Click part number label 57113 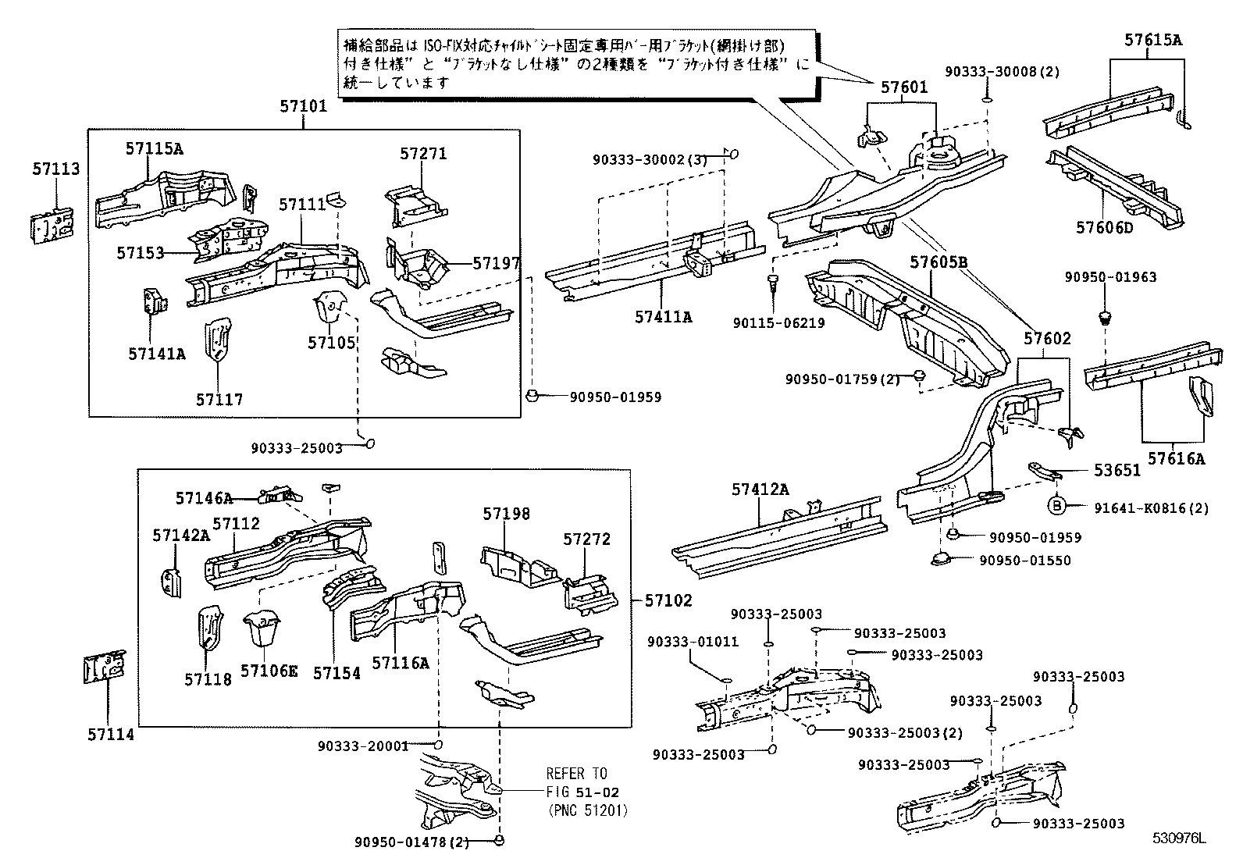click(x=55, y=169)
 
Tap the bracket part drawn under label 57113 click(x=52, y=226)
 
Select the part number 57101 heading click(x=304, y=107)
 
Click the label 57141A click(x=157, y=354)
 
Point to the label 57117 click(x=219, y=400)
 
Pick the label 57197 click(x=496, y=263)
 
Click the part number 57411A click(x=663, y=317)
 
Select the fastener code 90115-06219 click(x=778, y=322)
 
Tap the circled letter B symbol click(x=1057, y=507)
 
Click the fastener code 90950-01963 click(x=1111, y=276)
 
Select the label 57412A click(x=760, y=490)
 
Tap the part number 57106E click(x=269, y=671)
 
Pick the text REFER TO click(x=576, y=774)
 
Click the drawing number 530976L click(x=1180, y=839)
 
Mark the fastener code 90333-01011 click(x=693, y=642)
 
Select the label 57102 click(x=668, y=600)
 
